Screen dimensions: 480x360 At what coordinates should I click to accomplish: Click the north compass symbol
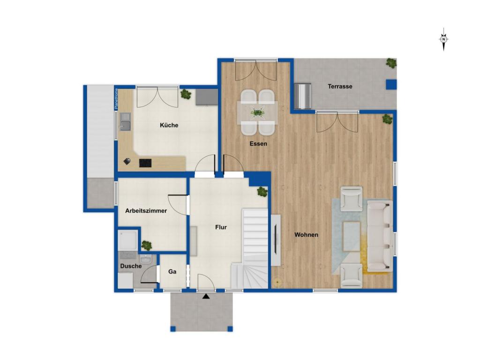click(x=443, y=39)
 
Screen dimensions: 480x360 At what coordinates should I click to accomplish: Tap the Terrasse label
click(x=340, y=86)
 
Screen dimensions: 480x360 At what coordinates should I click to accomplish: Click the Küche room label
click(x=169, y=125)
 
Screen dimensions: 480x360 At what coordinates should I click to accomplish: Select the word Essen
click(x=258, y=143)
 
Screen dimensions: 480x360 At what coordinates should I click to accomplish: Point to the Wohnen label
click(x=306, y=235)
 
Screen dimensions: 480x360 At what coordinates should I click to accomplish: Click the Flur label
click(x=221, y=227)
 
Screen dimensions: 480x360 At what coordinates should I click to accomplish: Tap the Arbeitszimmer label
click(x=146, y=210)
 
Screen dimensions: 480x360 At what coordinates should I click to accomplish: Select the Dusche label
click(x=131, y=266)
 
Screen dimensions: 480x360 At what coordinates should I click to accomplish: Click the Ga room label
click(x=172, y=271)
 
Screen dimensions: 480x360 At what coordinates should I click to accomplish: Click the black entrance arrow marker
click(x=206, y=296)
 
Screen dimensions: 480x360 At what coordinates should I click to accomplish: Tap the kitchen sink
click(x=125, y=121)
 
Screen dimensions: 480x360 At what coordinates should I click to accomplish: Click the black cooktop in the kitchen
click(x=145, y=163)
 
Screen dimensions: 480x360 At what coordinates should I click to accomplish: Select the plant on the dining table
click(x=257, y=112)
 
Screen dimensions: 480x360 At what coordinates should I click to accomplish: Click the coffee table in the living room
click(x=351, y=236)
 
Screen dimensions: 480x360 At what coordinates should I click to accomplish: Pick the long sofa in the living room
click(x=380, y=236)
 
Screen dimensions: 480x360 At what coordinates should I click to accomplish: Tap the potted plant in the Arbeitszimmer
click(x=147, y=245)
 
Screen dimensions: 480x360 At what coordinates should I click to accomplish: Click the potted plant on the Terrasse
click(x=391, y=63)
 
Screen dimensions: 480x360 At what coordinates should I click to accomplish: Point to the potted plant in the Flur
click(x=262, y=192)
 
